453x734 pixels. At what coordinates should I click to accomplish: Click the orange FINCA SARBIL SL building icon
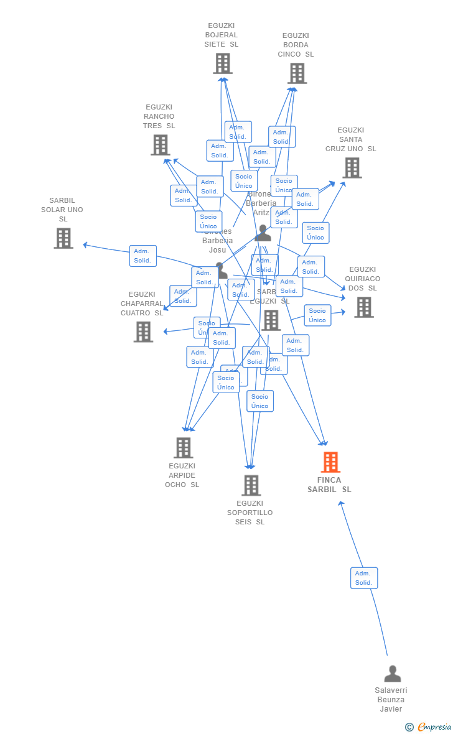(330, 462)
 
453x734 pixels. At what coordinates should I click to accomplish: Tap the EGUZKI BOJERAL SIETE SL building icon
(223, 63)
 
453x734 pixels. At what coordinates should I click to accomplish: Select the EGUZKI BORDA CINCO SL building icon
(297, 73)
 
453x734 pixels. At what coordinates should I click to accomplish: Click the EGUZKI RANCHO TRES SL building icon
(161, 145)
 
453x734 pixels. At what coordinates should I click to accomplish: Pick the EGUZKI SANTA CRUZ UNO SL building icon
(352, 168)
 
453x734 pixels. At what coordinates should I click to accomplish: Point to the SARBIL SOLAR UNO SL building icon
(63, 238)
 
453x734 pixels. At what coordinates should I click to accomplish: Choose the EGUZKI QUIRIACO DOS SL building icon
(364, 307)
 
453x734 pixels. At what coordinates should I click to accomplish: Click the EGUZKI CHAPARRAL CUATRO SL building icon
(143, 332)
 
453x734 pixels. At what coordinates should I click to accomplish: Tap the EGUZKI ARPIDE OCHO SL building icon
(183, 448)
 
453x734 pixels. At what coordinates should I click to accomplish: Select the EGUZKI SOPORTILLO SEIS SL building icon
(251, 485)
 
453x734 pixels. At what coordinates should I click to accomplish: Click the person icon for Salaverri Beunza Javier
(392, 674)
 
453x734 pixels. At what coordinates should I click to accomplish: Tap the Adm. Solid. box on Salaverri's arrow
(364, 578)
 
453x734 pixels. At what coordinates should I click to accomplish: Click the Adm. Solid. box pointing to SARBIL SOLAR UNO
(143, 256)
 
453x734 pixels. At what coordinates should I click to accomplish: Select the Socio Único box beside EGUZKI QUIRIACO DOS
(317, 315)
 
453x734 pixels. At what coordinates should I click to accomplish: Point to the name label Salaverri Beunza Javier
(391, 700)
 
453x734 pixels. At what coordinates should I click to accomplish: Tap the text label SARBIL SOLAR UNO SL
(62, 210)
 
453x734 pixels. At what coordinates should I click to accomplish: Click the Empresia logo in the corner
(429, 727)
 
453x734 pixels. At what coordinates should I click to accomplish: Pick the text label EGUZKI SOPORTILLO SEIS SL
(250, 513)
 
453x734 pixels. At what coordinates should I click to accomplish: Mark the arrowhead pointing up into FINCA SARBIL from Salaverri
(340, 503)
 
